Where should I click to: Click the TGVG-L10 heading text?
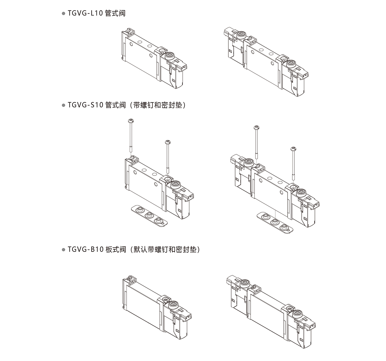coord(96,14)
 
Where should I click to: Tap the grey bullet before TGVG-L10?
coord(63,14)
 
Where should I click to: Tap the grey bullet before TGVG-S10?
coord(63,106)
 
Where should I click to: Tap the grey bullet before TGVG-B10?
coord(63,250)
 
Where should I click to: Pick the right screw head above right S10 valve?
coord(293,148)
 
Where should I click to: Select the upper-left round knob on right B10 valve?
coord(245,283)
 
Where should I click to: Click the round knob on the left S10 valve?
coord(175,185)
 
